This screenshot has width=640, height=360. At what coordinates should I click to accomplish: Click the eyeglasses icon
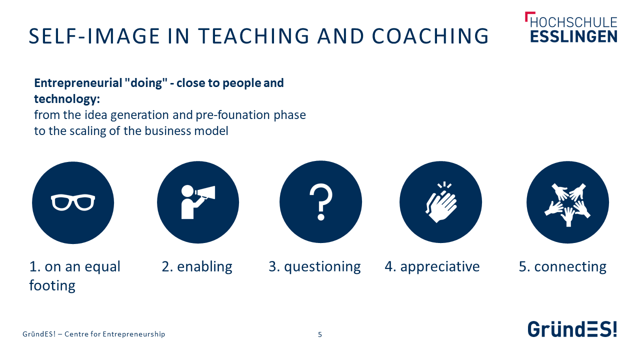[x=73, y=202]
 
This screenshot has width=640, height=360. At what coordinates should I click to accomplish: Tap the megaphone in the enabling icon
[x=205, y=192]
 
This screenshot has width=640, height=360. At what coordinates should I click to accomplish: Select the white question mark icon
[x=321, y=202]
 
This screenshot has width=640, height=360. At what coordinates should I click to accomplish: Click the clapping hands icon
[x=441, y=202]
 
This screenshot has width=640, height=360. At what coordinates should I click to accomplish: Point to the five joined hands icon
[x=567, y=204]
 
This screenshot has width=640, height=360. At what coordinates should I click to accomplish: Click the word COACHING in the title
[x=430, y=36]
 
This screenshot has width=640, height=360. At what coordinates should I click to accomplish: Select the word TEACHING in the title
[x=253, y=36]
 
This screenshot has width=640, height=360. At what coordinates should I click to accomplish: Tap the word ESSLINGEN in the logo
[x=573, y=36]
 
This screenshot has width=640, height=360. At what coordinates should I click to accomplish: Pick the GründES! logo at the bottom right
[x=572, y=329]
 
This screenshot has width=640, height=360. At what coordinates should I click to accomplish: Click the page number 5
[x=320, y=334]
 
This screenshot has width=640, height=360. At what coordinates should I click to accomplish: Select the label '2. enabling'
[x=197, y=267]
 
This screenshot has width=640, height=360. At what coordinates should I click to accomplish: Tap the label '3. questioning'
[x=314, y=267]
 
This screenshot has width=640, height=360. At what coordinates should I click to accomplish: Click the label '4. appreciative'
[x=432, y=267]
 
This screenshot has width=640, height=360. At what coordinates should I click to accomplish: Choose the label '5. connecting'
[x=562, y=267]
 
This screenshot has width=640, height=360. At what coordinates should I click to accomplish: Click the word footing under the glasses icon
[x=52, y=286]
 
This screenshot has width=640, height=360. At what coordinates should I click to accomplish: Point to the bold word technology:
[x=67, y=99]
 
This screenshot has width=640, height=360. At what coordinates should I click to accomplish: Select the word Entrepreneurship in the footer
[x=133, y=334]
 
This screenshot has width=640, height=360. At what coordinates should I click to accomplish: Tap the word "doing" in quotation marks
[x=145, y=83]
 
